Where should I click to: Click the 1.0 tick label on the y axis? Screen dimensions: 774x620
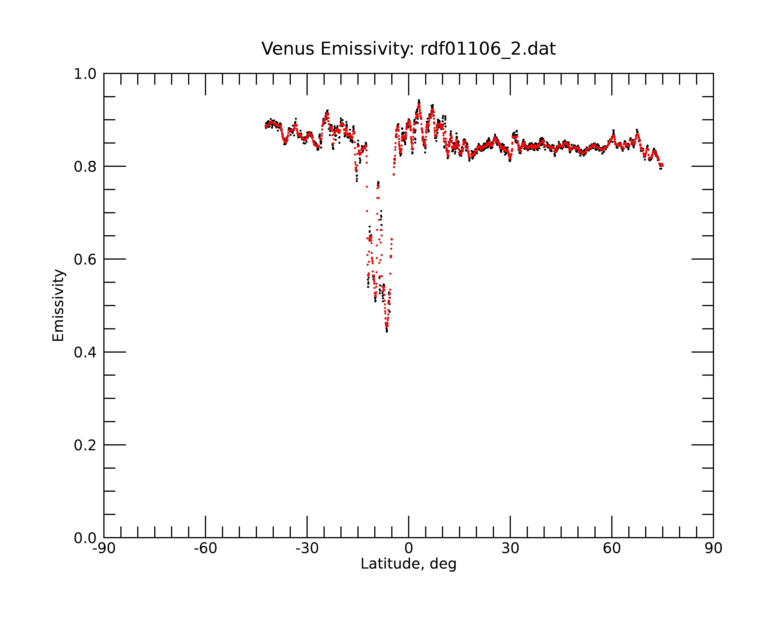(85, 74)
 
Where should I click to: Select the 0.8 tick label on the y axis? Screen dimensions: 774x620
(85, 167)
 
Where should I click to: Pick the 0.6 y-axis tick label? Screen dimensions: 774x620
(85, 259)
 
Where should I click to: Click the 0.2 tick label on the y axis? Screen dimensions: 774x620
(85, 445)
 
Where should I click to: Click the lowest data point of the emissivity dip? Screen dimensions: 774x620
(387, 331)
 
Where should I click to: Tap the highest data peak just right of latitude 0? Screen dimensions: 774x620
(419, 100)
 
